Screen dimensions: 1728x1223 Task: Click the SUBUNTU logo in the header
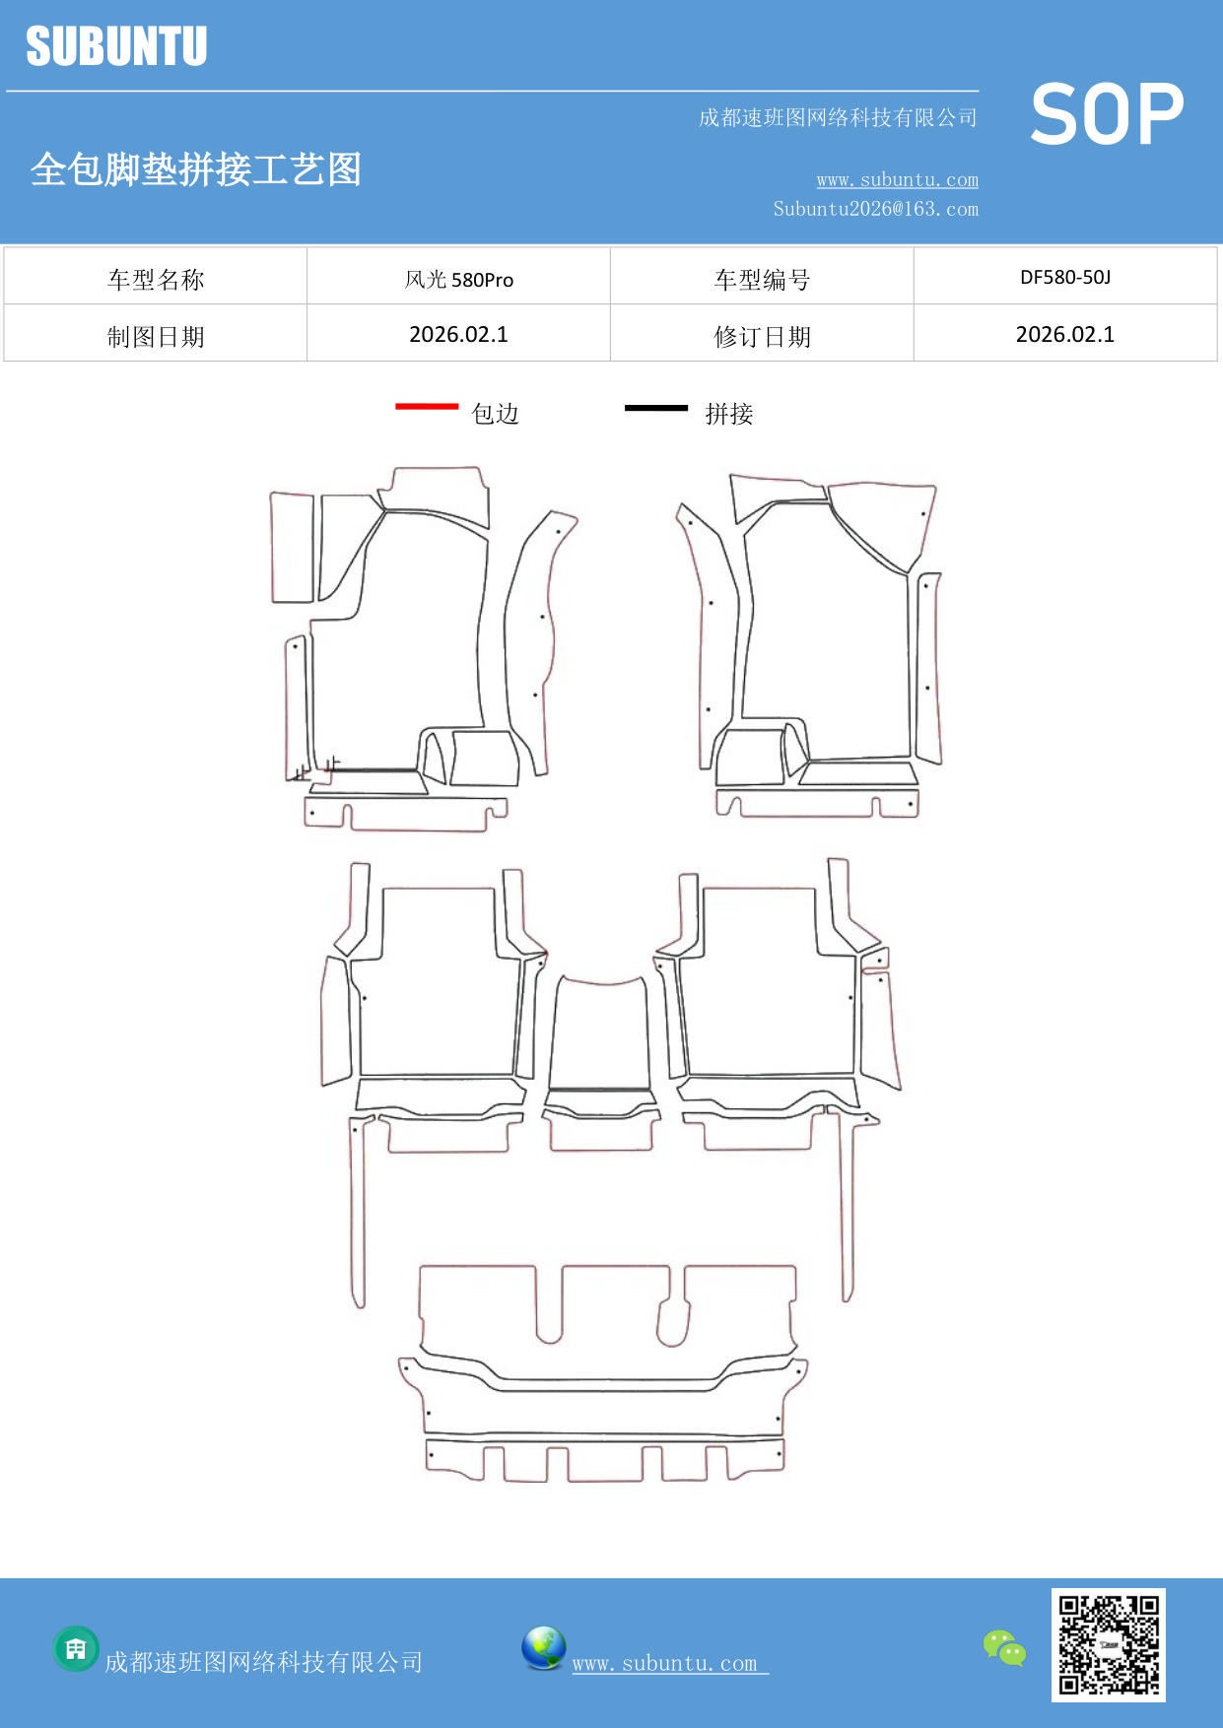[116, 46]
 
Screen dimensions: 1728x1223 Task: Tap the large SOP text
[1107, 114]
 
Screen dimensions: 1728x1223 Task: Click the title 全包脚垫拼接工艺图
[196, 169]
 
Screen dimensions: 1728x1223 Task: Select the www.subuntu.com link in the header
[897, 179]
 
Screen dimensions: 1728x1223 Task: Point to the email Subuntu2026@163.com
[875, 209]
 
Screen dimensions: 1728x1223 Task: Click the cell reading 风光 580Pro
[458, 280]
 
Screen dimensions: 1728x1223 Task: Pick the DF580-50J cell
[1064, 278]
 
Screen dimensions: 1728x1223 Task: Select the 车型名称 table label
[156, 280]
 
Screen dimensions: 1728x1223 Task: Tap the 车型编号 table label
[762, 280]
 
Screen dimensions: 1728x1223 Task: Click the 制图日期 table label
[156, 337]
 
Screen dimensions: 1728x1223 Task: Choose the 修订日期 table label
[762, 337]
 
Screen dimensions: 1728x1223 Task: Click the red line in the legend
[427, 406]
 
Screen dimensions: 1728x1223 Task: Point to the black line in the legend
[656, 407]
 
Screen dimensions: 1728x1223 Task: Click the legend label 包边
[495, 414]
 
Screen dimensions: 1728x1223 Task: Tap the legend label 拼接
[728, 414]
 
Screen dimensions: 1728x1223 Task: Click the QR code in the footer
[1108, 1644]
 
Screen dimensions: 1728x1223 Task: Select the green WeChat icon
[1004, 1647]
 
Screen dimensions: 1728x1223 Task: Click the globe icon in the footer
[543, 1648]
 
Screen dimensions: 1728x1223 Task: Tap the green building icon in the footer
[76, 1648]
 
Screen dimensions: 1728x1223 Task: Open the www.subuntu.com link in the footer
[665, 1663]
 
